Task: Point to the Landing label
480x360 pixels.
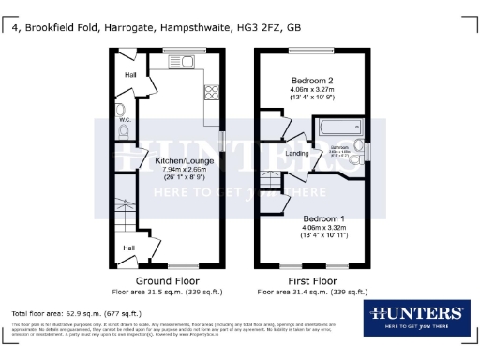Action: tap(297, 155)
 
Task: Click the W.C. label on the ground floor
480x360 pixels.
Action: tap(124, 120)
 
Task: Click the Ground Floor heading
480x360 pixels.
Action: tap(164, 280)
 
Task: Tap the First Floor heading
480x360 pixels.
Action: tap(312, 280)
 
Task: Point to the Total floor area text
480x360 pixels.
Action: tap(76, 312)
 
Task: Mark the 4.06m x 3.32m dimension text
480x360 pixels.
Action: tap(312, 227)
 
